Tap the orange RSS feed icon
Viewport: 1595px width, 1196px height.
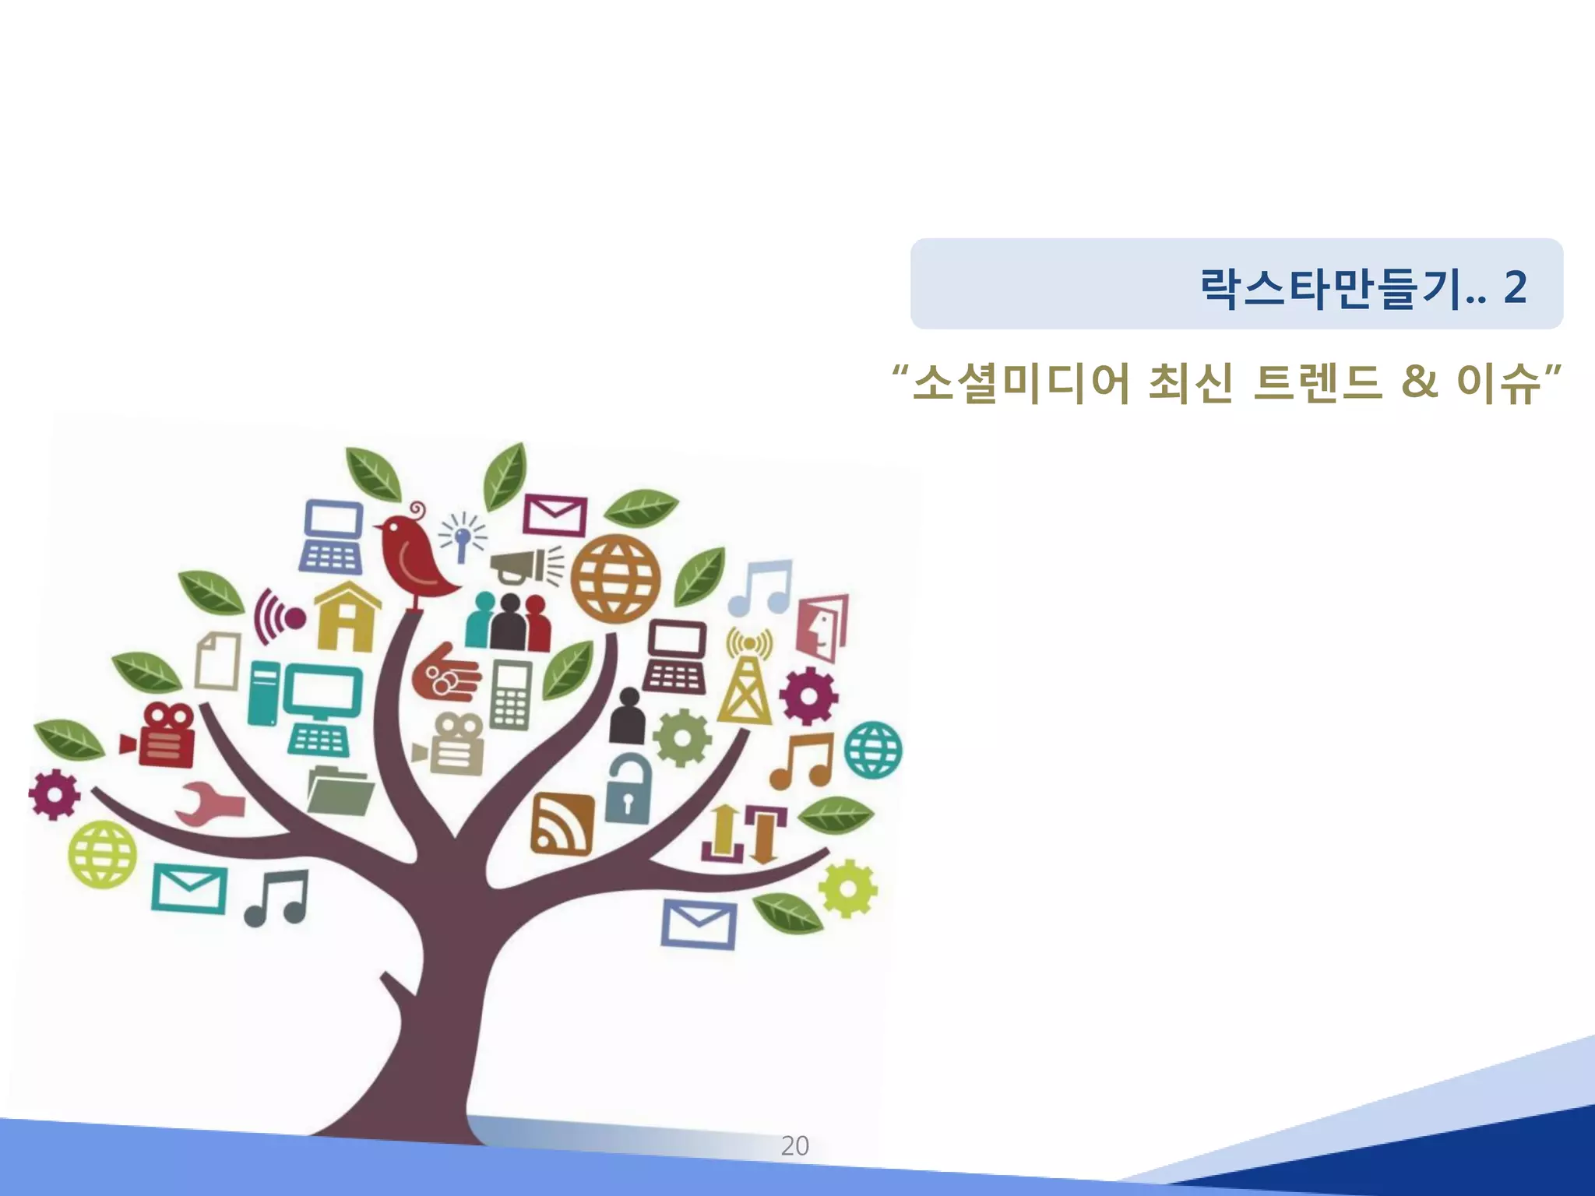pyautogui.click(x=562, y=824)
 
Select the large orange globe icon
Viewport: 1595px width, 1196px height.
pyautogui.click(x=615, y=578)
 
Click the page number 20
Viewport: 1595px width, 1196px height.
pyautogui.click(x=794, y=1145)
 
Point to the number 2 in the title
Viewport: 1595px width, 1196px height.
pyautogui.click(x=1515, y=287)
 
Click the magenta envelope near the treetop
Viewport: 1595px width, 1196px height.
pyautogui.click(x=555, y=514)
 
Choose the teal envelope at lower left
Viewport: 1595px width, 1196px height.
pyautogui.click(x=189, y=888)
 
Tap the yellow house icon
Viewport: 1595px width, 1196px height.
pyautogui.click(x=347, y=617)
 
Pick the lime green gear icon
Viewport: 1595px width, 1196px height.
pyautogui.click(x=847, y=888)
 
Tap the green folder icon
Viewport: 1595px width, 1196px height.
pyautogui.click(x=340, y=790)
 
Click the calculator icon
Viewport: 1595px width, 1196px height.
pyautogui.click(x=511, y=695)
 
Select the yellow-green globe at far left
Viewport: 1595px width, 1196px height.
pyautogui.click(x=102, y=854)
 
